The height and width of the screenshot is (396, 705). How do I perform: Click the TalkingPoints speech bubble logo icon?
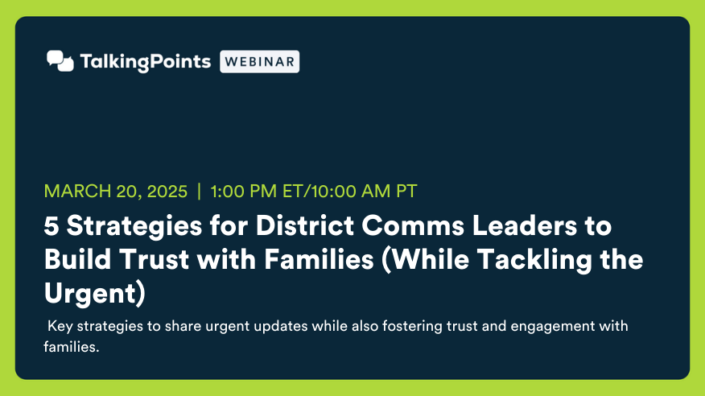click(60, 61)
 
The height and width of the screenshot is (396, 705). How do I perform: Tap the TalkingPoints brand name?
click(145, 62)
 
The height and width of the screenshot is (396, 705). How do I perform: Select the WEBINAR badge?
click(259, 62)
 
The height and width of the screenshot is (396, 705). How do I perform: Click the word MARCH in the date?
click(77, 191)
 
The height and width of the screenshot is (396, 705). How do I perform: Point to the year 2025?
click(167, 191)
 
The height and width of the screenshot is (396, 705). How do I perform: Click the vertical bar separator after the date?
click(199, 191)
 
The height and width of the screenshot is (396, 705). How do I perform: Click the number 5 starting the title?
click(52, 225)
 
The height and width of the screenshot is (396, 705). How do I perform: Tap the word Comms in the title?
click(412, 225)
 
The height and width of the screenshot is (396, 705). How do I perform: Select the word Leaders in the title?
click(524, 225)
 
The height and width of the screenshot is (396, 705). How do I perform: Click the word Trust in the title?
click(154, 259)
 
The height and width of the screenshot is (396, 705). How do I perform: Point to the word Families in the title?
click(319, 259)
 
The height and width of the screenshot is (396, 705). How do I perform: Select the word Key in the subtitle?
click(60, 326)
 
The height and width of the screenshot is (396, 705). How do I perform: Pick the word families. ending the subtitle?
click(71, 347)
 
